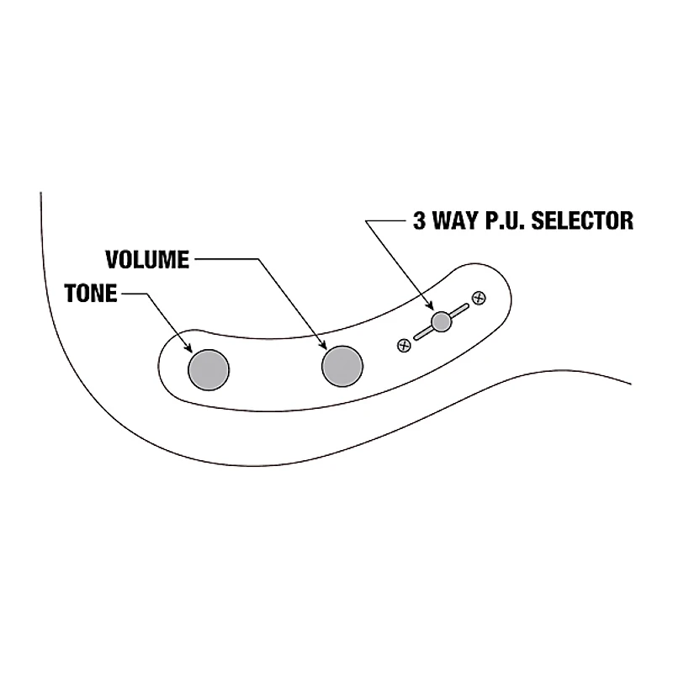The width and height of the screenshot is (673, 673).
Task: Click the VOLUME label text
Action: (146, 259)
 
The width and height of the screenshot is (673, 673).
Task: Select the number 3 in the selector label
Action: (419, 221)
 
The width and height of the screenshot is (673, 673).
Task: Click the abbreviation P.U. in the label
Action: (501, 221)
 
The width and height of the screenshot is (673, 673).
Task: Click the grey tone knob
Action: (209, 368)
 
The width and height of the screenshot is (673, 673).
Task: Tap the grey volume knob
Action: (342, 365)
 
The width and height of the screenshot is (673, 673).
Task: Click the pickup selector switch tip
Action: (441, 321)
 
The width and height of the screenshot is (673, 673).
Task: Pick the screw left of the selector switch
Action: (404, 345)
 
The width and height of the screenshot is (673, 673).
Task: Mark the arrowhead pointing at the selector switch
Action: (433, 309)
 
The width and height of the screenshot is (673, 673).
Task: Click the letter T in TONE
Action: (71, 294)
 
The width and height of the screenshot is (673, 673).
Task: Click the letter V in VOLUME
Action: (112, 259)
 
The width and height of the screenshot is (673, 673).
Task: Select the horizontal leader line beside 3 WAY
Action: (388, 221)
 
